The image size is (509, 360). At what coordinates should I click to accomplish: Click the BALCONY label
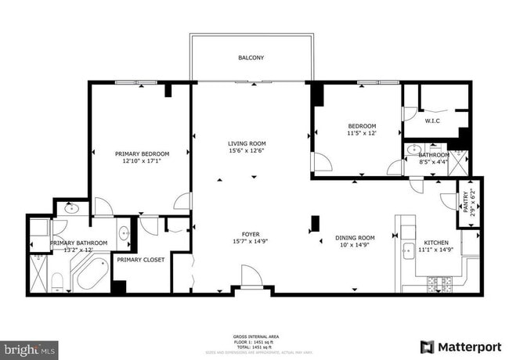[251, 58]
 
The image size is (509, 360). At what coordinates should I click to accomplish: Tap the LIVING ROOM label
[247, 143]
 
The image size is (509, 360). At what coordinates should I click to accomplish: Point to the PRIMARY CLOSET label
[141, 260]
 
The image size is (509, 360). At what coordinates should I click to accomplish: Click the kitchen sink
[408, 252]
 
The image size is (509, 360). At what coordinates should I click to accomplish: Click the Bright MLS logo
[30, 347]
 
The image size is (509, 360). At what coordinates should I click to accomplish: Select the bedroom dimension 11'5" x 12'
[362, 134]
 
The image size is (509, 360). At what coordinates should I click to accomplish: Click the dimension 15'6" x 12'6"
[247, 151]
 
